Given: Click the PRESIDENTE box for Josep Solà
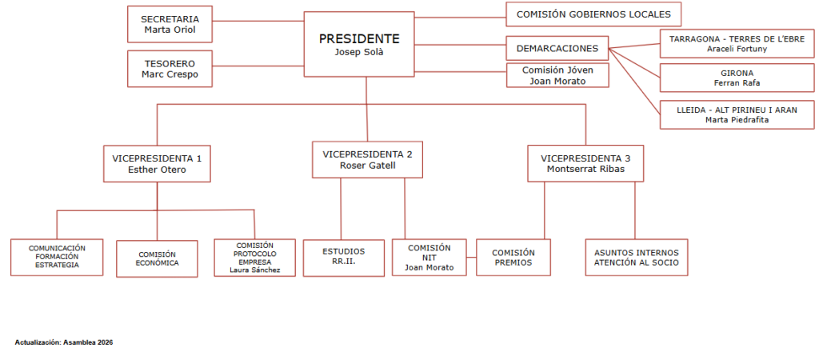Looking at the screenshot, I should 359,45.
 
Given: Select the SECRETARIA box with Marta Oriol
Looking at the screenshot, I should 170,24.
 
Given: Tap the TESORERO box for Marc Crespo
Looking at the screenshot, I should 170,69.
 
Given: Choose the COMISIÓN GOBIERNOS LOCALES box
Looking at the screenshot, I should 593,14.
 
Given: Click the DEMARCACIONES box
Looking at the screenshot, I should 557,48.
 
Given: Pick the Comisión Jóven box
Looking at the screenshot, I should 557,75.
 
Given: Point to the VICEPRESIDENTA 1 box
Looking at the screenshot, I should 157,163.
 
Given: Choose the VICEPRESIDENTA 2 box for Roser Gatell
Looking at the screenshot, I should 367,159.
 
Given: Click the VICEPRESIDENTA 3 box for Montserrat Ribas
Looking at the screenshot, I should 585,163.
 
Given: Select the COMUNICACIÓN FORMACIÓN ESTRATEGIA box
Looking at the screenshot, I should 57,256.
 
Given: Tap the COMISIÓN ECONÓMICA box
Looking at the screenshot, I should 157,258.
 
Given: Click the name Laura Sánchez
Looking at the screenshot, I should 254,270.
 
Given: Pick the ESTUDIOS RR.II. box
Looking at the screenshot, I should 343,256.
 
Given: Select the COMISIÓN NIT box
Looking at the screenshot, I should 429,258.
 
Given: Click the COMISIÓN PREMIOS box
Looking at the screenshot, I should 513,257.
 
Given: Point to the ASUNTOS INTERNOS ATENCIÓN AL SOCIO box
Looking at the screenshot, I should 636,257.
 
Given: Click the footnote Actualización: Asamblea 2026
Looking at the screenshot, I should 64,342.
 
